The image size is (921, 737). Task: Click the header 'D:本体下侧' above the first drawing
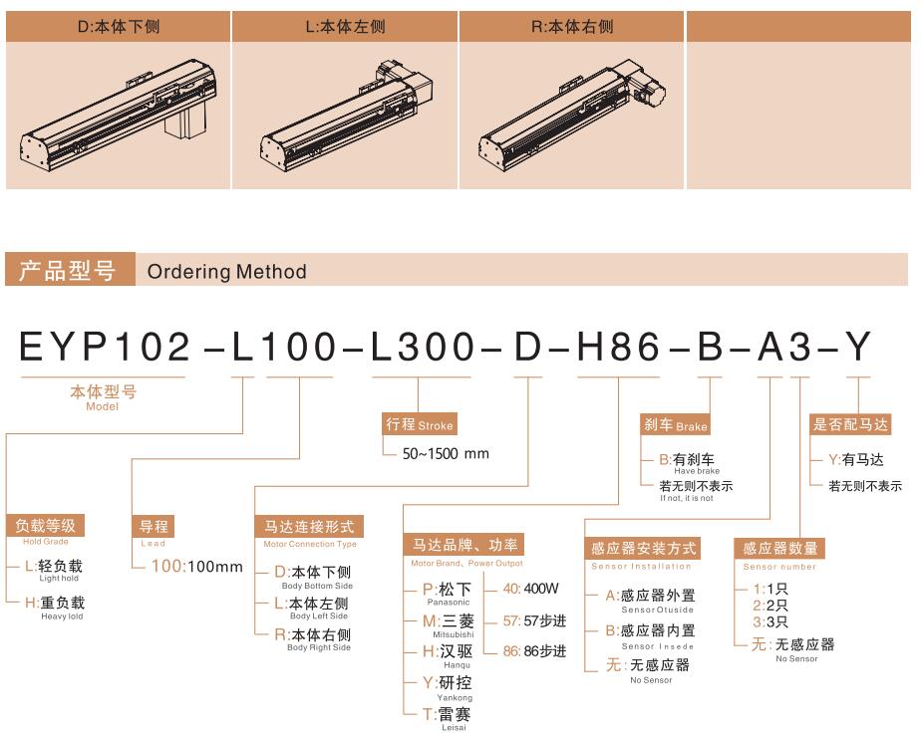pos(118,27)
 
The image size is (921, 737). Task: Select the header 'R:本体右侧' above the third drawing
pos(572,27)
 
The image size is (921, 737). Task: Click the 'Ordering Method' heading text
pos(226,271)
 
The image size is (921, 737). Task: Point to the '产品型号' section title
pos(67,270)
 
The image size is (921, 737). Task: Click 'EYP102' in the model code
pos(105,347)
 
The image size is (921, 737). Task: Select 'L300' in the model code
pos(423,347)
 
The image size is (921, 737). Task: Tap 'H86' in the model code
pos(619,347)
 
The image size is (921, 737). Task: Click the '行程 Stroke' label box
pos(420,424)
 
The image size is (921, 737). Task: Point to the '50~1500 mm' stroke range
pos(446,453)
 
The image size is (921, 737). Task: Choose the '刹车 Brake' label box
pos(676,424)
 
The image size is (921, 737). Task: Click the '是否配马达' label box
pos(850,424)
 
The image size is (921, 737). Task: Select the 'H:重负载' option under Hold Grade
pos(55,603)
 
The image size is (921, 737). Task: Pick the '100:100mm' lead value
pos(196,567)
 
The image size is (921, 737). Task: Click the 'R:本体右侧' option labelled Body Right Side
pos(313,634)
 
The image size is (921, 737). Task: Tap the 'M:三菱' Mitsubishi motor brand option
pos(449,620)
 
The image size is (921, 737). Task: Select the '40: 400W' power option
pos(530,589)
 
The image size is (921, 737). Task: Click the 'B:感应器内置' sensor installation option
pos(650,630)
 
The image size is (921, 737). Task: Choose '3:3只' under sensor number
pos(770,622)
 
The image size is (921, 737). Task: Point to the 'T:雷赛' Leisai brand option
pos(447,714)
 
